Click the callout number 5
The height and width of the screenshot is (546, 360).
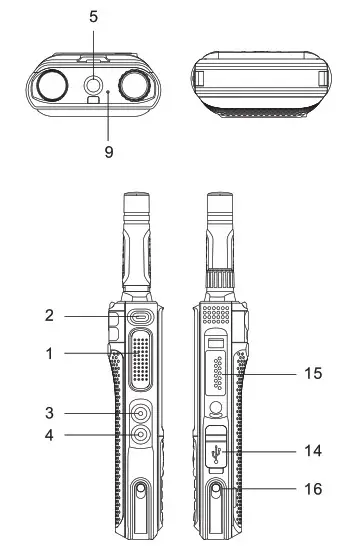pos(93,17)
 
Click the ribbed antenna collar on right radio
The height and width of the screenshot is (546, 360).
pos(220,283)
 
